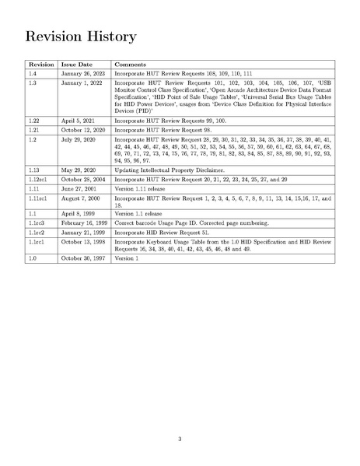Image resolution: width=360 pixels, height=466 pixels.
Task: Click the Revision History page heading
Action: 81,37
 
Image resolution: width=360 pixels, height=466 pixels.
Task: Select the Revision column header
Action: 40,64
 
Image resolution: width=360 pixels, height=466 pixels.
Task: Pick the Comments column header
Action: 131,64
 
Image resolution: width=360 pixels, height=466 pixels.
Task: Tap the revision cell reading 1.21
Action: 34,131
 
